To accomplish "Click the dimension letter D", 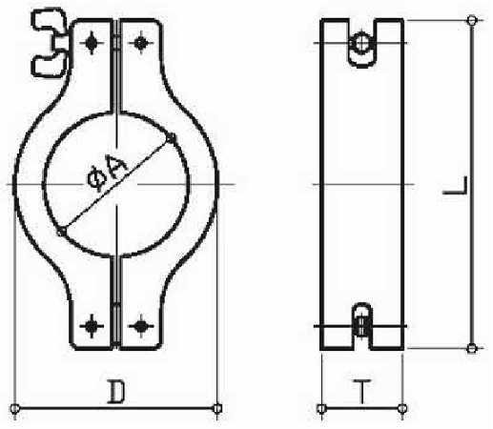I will pyautogui.click(x=116, y=391).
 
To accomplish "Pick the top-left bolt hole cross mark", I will pyautogui.click(x=92, y=43).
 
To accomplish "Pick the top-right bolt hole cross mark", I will pyautogui.click(x=141, y=43).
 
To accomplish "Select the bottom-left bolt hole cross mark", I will pyautogui.click(x=92, y=326).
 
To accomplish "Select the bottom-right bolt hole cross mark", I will pyautogui.click(x=141, y=326).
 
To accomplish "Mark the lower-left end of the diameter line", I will pyautogui.click(x=61, y=230).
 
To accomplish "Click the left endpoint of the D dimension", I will pyautogui.click(x=17, y=410).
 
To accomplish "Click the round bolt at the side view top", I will pyautogui.click(x=362, y=44).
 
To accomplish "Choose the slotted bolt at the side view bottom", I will pyautogui.click(x=362, y=324).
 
